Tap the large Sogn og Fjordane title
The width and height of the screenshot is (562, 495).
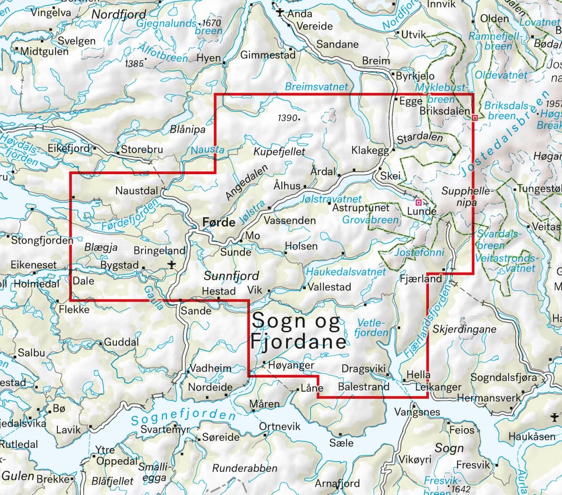[298, 332]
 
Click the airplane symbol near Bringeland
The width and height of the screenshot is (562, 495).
[172, 264]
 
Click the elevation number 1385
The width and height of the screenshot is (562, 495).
[135, 63]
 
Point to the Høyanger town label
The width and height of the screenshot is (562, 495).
[291, 365]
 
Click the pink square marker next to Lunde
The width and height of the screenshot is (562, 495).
[419, 202]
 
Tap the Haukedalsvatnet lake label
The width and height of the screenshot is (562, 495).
[346, 272]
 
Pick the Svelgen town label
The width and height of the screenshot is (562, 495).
[76, 41]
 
